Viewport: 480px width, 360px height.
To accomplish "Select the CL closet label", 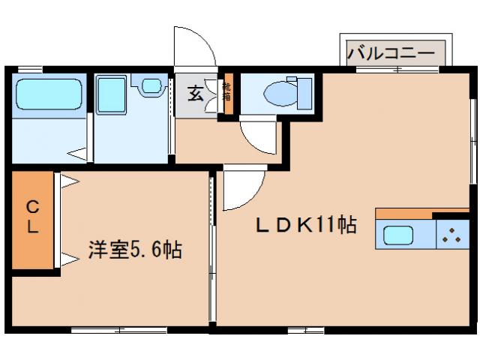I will (32, 217).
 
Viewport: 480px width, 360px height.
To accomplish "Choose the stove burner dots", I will (453, 235).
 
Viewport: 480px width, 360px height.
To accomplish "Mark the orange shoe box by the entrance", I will (228, 93).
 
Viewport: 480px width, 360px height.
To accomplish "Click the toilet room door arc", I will (259, 137).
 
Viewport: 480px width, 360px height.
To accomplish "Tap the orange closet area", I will (32, 221).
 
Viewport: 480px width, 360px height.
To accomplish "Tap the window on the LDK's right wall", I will (473, 142).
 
